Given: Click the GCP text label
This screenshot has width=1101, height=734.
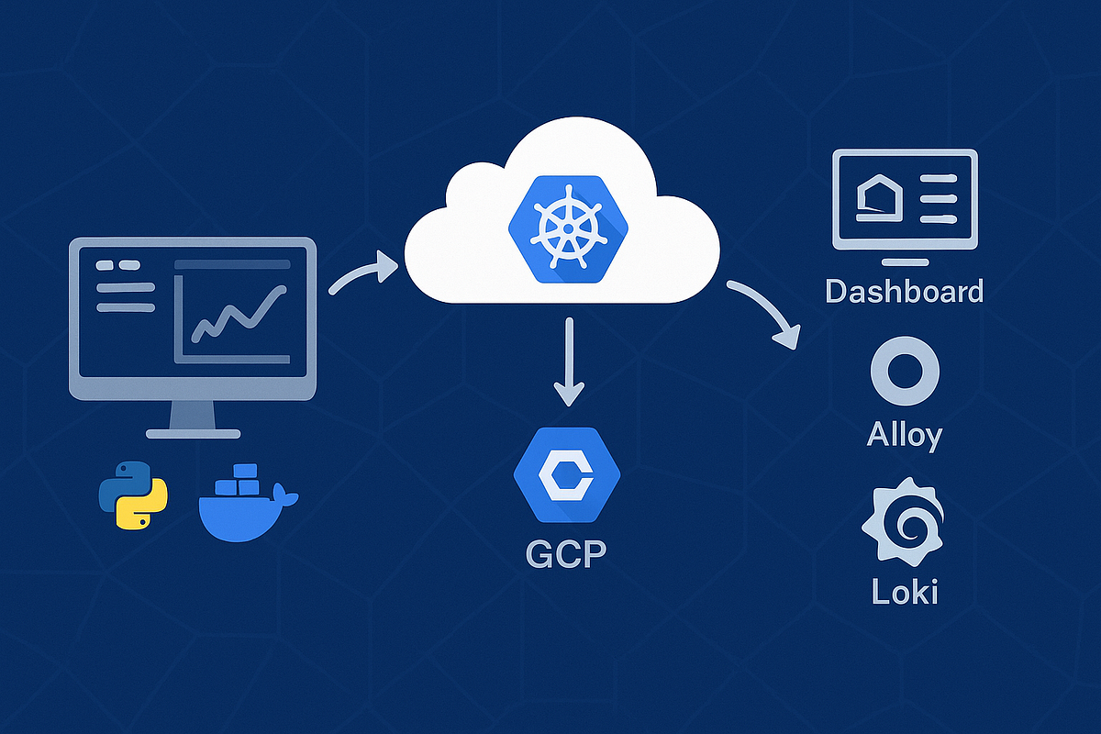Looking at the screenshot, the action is pos(566,554).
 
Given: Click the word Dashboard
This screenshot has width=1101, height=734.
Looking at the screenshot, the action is pos(904,291).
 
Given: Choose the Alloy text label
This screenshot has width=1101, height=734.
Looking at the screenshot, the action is pos(905,433).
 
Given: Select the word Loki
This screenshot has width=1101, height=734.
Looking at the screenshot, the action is pos(905,591).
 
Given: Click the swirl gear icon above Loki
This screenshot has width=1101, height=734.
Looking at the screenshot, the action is pos(904,519).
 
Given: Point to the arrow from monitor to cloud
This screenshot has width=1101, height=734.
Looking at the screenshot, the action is pos(362,275).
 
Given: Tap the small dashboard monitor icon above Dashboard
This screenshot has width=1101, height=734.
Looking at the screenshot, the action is pos(905,201).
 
